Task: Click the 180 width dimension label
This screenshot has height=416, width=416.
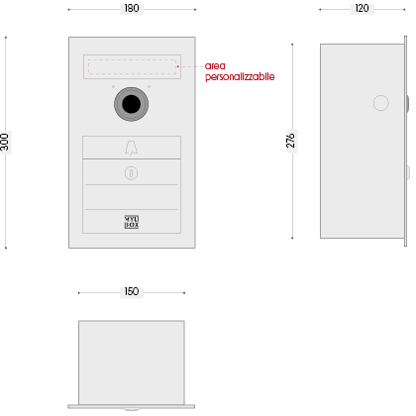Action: point(132,8)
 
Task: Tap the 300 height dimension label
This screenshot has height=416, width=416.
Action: point(5,142)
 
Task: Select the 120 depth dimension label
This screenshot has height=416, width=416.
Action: point(362,8)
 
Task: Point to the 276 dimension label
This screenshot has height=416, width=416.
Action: point(290,141)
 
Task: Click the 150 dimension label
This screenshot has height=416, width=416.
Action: point(132,291)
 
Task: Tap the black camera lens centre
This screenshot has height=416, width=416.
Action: point(131,104)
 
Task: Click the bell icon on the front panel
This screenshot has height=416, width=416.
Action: point(131,148)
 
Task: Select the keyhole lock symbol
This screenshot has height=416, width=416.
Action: point(131,173)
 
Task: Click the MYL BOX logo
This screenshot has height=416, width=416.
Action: point(132,222)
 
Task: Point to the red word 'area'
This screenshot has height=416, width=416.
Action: point(215,66)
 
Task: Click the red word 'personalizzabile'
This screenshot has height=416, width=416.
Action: point(240,76)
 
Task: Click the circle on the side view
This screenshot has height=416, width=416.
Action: point(380,103)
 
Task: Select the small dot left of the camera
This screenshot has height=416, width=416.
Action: point(113,86)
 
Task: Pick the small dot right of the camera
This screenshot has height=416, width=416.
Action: point(149,86)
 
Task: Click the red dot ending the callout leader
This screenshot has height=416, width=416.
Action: point(177,66)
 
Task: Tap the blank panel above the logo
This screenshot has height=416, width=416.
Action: point(132,197)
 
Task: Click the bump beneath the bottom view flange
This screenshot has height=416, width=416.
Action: point(131,410)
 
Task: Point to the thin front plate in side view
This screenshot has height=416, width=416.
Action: point(405,142)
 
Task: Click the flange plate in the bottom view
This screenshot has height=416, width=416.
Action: point(132,407)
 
